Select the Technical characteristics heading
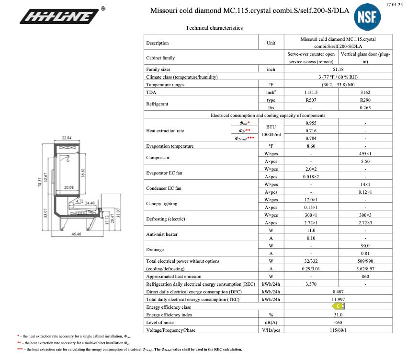(x=214, y=28)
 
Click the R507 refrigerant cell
(x=311, y=100)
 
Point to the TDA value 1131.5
(x=311, y=92)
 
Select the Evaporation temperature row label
(x=170, y=146)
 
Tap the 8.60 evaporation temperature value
(x=311, y=146)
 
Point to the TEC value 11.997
(x=338, y=299)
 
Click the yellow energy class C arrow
(x=339, y=306)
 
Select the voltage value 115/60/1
(x=338, y=330)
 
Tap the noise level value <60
(x=338, y=322)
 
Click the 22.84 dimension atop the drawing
(x=67, y=139)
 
